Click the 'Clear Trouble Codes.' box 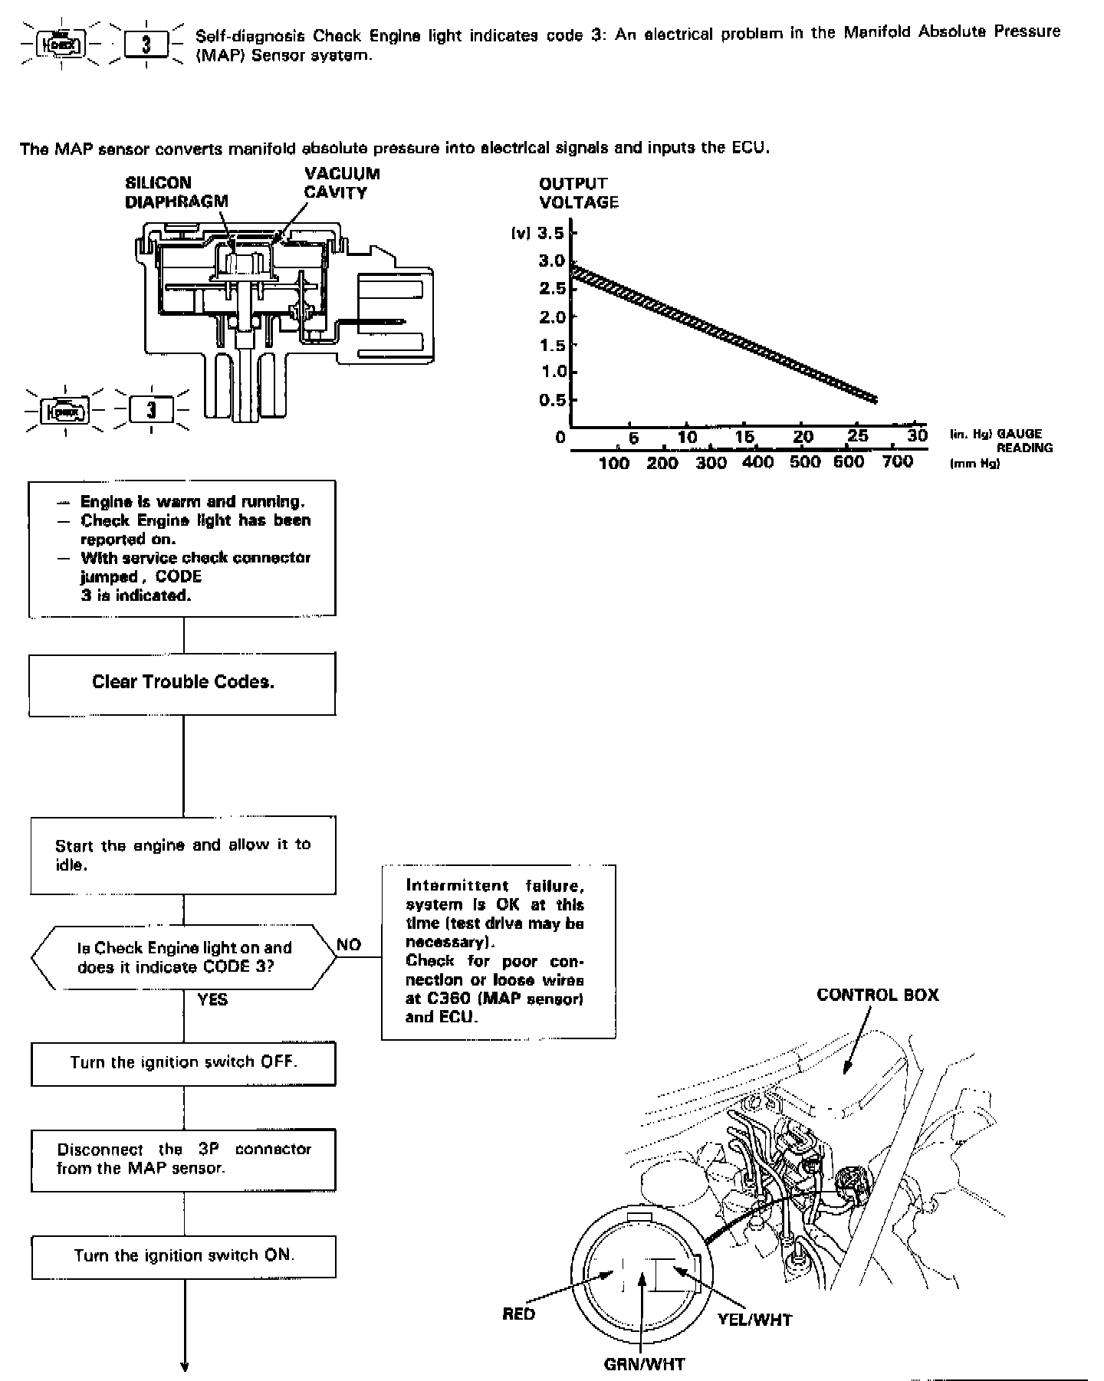pos(182,683)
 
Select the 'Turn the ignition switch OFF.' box pos(183,1063)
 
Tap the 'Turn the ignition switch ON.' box pos(183,1256)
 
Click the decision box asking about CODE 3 pos(183,957)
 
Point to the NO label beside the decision pos(349,944)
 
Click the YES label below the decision pos(212,999)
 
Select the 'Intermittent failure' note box pos(498,952)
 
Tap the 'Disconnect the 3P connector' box pos(183,1160)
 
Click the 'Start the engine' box pos(183,855)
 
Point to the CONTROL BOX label pos(877,995)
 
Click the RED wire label pos(518,1314)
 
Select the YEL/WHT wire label pos(754,1319)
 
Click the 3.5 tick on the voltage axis pos(552,233)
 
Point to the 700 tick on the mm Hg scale pos(897,461)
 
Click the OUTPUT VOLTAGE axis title pos(578,192)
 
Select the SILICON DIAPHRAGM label pos(176,192)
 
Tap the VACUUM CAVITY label pos(342,183)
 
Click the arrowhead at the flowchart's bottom pos(184,1366)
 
